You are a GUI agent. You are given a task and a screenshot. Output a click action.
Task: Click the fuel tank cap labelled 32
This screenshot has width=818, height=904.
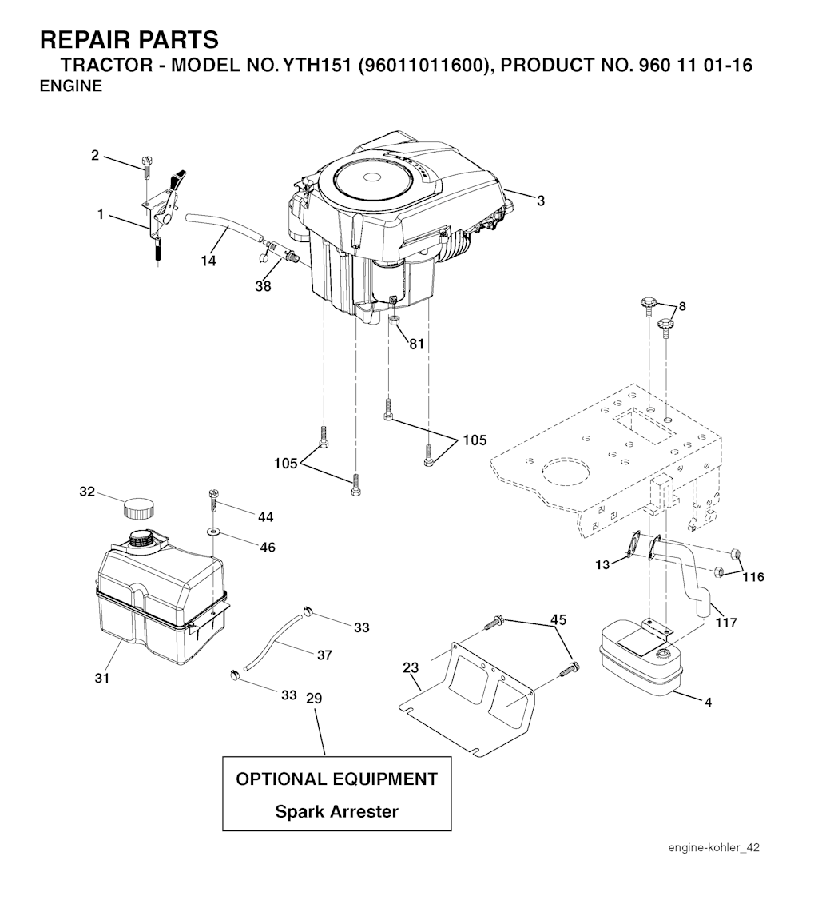click(138, 507)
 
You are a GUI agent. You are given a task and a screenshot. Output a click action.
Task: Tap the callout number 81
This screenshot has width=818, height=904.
click(416, 344)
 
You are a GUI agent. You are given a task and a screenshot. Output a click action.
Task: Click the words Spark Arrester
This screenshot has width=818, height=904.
click(336, 811)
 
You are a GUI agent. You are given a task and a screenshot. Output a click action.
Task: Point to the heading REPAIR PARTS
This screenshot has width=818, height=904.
click(129, 39)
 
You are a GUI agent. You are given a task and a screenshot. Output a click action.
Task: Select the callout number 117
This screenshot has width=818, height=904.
click(725, 622)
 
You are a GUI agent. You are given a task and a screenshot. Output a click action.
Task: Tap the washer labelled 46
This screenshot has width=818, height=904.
click(214, 531)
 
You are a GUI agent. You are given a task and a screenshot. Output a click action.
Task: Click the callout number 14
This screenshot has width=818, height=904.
click(208, 261)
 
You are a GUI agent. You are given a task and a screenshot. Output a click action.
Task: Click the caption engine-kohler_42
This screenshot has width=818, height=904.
click(713, 848)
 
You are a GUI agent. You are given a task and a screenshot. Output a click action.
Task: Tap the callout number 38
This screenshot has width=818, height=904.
click(264, 286)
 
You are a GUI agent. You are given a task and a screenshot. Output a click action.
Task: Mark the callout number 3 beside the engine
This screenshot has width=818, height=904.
click(541, 201)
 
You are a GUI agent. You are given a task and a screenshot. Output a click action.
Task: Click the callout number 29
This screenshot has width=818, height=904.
click(314, 698)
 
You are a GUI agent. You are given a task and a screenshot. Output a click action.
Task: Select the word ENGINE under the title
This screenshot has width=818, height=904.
click(71, 86)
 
